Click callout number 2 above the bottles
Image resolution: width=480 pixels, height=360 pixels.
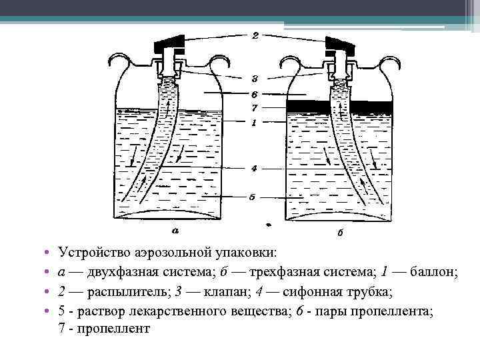point(255,37)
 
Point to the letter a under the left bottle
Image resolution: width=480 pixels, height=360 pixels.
point(175,231)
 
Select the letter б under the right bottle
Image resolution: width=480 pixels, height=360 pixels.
point(340,233)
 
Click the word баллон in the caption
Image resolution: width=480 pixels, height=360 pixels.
point(433,272)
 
